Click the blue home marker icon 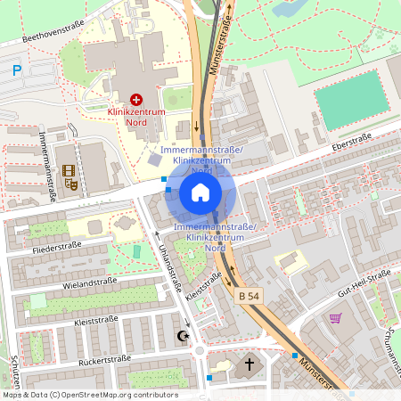[200, 192]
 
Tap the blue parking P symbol [16, 70]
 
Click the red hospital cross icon [136, 99]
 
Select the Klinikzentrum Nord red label [136, 117]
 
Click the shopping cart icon [336, 317]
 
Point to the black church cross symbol [250, 364]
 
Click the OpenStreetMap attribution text [89, 395]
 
